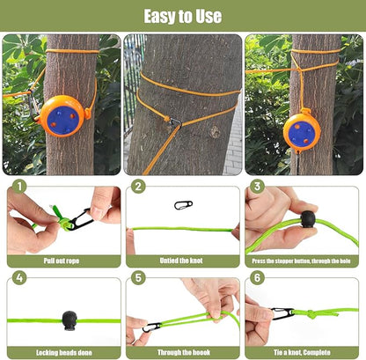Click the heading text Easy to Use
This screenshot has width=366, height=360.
tap(183, 16)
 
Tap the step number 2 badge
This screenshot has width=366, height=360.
tap(138, 186)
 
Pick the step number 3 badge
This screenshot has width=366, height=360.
tap(257, 186)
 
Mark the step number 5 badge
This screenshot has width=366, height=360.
tap(138, 279)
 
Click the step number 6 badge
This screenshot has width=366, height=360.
tap(257, 279)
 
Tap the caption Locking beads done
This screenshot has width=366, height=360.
tap(62, 352)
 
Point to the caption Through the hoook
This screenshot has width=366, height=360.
tap(183, 352)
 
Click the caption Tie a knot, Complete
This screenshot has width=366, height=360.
tap(304, 352)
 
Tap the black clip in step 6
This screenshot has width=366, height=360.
tap(283, 313)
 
